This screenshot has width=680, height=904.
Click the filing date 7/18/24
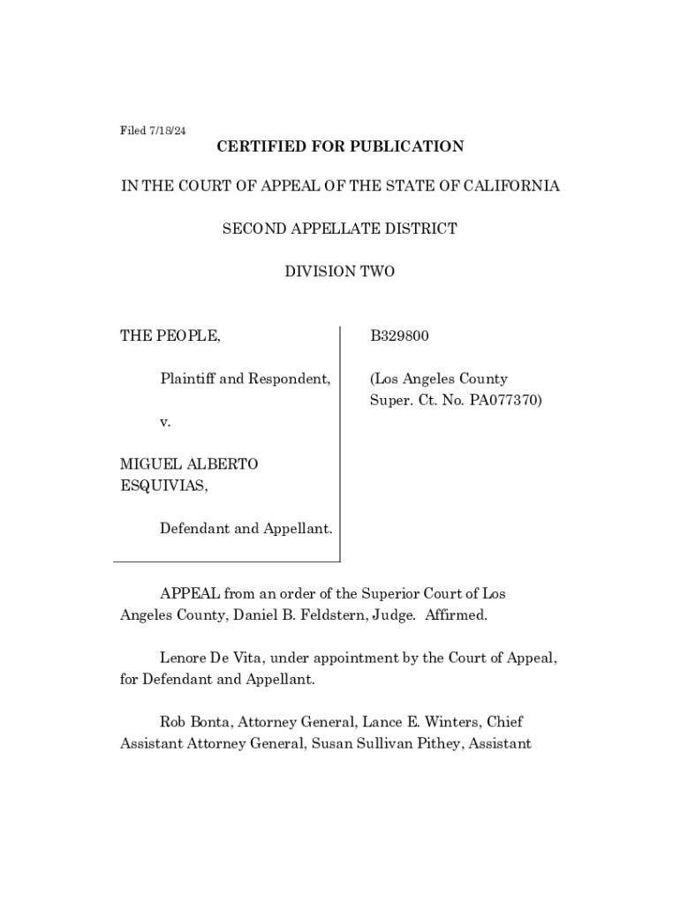pos(165,131)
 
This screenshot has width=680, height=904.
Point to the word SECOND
pos(254,230)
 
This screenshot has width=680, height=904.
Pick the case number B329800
pos(399,336)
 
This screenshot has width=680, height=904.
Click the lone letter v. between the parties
pos(165,422)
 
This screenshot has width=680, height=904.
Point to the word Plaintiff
pos(187,380)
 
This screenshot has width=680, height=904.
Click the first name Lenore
pos(184,659)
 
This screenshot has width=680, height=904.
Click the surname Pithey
pos(434,743)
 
